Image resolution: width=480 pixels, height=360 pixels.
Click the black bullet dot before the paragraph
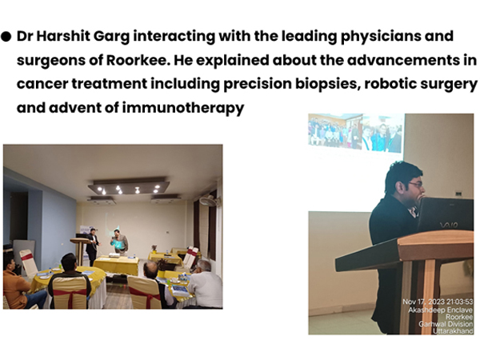[x=6, y=37]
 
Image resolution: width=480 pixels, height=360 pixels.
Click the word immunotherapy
[x=183, y=108]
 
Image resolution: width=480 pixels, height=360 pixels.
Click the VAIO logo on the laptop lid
[x=449, y=225]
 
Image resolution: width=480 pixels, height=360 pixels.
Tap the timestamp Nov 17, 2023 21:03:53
[x=438, y=302]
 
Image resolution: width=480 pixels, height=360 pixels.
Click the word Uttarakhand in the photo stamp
[x=453, y=331]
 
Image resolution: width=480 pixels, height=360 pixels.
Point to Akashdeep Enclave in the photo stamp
[x=440, y=310]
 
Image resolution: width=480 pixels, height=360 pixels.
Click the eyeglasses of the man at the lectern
[x=416, y=184]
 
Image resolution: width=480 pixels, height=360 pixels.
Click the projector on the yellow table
[x=114, y=254]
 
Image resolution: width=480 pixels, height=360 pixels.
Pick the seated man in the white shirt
[x=205, y=283]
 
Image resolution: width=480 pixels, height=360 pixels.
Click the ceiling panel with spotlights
[x=129, y=187]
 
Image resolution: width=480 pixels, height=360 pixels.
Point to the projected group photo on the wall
[x=356, y=132]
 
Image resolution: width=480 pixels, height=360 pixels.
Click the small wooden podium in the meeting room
[x=79, y=250]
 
